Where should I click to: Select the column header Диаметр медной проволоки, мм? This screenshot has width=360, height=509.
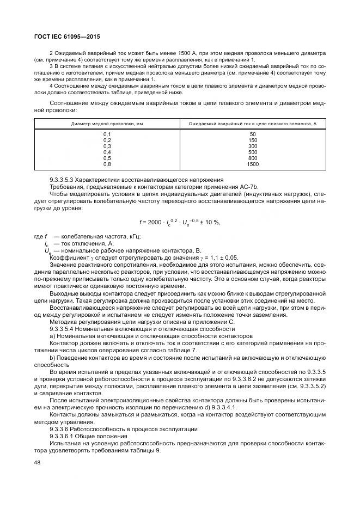coord(107,124)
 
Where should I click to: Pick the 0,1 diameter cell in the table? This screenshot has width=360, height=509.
coord(107,134)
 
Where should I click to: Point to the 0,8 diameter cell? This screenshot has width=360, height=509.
coord(107,164)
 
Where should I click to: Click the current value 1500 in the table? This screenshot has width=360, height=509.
coord(252,164)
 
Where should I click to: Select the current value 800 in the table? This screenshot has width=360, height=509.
coord(252,158)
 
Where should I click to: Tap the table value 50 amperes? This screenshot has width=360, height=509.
coord(252,134)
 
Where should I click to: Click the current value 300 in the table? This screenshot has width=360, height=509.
coord(252,146)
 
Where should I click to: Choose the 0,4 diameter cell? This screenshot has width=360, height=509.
coord(107,152)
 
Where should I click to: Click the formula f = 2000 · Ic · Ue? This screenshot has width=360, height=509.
coord(180,223)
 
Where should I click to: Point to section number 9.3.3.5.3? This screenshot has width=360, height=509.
coord(64,180)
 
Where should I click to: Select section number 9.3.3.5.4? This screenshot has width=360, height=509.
coord(64,329)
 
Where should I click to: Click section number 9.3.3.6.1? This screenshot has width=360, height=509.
coord(64,435)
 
